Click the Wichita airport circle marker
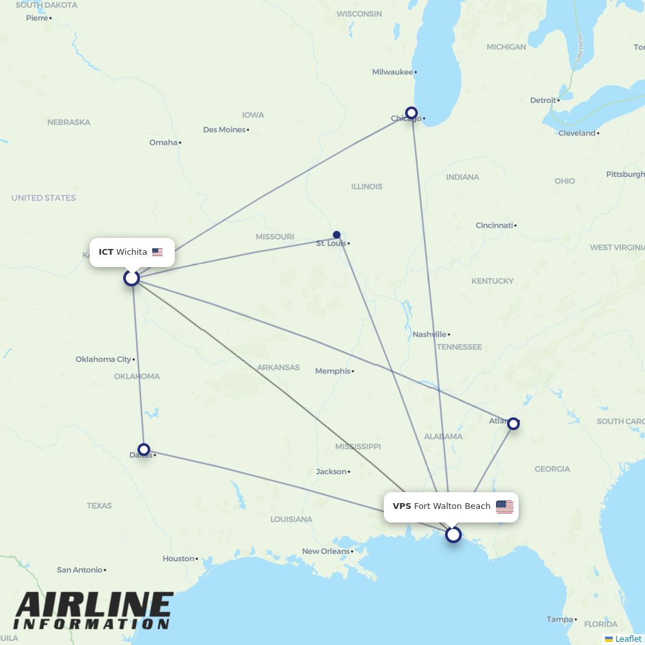pos(132,278)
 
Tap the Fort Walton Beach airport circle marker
pos(453,535)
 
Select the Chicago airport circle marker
pos(412,113)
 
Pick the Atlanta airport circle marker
pos(513,424)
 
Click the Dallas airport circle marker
pos(144,449)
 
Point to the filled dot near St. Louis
pos(337,235)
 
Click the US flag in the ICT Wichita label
pos(157,252)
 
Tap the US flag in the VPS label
pos(504,506)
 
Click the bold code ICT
pos(106,252)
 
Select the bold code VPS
pos(402,506)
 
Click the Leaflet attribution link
pos(628,639)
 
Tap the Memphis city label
pos(332,371)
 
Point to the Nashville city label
pos(429,334)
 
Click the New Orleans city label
pos(326,551)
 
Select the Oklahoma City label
pos(103,359)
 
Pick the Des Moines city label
pos(224,130)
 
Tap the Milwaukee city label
pos(392,72)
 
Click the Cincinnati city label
pos(494,226)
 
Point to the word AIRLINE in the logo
pos(94,605)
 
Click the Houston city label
pos(178,559)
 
